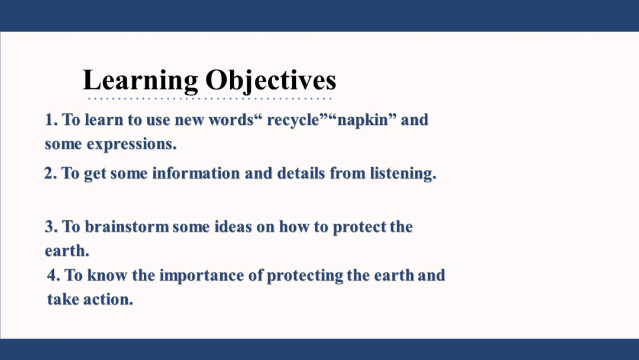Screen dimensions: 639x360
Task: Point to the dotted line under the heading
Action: click(210, 98)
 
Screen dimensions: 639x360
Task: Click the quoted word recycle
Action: click(293, 120)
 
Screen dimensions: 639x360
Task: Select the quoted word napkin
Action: click(363, 120)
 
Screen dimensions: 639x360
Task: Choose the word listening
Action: click(403, 173)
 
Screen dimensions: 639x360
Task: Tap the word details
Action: click(301, 173)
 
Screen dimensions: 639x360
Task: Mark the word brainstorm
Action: click(127, 227)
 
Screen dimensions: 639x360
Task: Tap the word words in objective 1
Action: click(231, 120)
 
